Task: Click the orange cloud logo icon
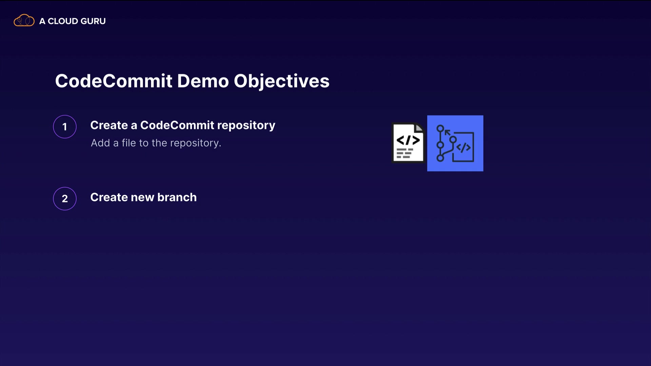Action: point(24,20)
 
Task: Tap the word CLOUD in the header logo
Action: point(63,21)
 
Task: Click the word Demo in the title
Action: point(203,81)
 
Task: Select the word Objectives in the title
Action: point(281,82)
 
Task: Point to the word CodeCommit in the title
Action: point(114,81)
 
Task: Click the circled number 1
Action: point(65,127)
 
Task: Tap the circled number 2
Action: point(65,199)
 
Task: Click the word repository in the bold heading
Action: point(246,126)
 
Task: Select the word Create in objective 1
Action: point(109,125)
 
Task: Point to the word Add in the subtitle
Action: point(100,143)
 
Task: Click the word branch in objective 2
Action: point(177,197)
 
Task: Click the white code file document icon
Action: point(408,143)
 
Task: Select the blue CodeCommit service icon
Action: point(455,143)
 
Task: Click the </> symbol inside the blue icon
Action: point(463,147)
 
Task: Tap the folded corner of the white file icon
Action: point(419,128)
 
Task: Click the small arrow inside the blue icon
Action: point(448,133)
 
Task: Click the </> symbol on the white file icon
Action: point(408,140)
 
